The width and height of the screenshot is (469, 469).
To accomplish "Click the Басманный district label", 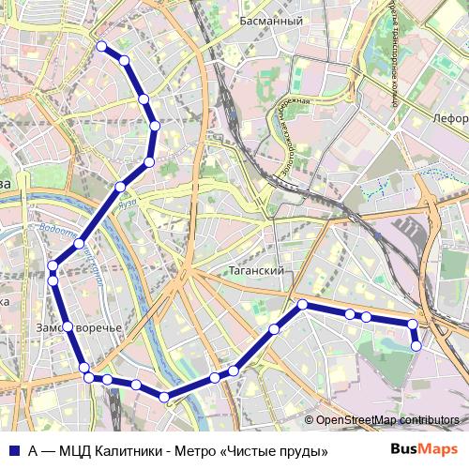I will point(270,20).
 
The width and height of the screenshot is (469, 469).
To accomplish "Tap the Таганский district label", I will point(256,269).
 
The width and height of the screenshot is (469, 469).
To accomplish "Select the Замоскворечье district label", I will point(79,328).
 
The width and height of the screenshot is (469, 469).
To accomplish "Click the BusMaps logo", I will point(423,449).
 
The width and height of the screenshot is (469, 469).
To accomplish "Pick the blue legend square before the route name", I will point(14,451).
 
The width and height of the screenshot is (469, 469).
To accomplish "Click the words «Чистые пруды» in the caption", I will point(276,451).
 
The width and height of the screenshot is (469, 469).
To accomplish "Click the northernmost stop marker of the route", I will point(101,45).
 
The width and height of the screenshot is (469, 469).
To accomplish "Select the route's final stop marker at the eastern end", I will point(416,346).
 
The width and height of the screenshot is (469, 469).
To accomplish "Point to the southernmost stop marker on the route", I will point(166,398).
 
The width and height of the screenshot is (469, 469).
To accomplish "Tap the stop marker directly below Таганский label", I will point(302,304).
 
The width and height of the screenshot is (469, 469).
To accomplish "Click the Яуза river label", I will point(129,202).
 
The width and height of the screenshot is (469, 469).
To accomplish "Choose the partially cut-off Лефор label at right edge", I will point(451,119).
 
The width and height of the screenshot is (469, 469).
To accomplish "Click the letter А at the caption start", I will point(33,451).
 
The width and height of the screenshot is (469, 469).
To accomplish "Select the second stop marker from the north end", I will point(124,61).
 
